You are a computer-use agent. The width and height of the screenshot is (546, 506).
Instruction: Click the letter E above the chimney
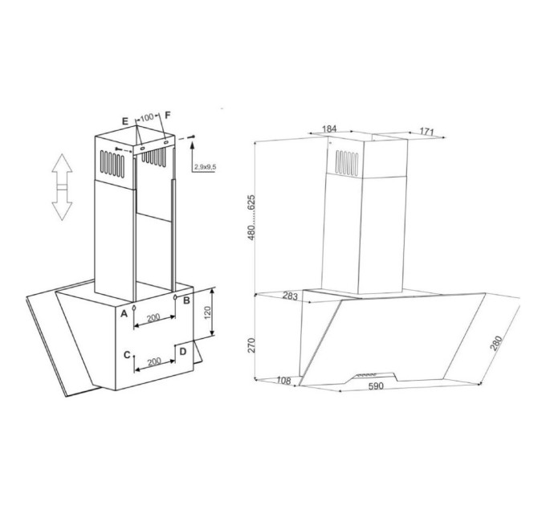(x=125, y=121)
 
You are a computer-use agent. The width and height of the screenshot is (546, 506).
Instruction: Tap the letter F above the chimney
(x=168, y=116)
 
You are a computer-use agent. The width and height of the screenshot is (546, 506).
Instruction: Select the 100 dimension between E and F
(x=147, y=117)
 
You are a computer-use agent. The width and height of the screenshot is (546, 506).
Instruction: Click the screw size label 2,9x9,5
(x=205, y=167)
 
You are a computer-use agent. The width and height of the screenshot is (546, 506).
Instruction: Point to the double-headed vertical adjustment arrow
(x=62, y=187)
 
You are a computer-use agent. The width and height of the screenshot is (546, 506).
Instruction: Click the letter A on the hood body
(x=124, y=314)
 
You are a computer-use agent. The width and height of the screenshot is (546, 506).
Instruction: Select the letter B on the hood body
(x=186, y=300)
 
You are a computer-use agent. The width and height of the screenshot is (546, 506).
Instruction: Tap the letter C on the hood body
(x=127, y=355)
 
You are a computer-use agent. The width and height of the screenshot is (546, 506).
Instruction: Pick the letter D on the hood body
(x=183, y=352)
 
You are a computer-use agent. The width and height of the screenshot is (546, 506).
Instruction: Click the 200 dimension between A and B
(x=153, y=317)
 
